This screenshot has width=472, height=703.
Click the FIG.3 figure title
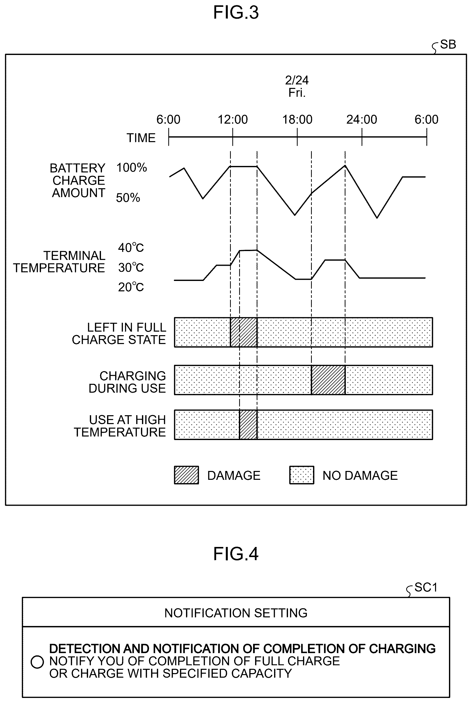tap(236, 13)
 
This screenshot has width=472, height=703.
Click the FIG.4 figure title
tap(236, 554)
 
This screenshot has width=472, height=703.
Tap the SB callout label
tap(448, 45)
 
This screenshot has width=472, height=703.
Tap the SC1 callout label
tap(426, 587)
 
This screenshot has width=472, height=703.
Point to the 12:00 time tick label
tap(233, 120)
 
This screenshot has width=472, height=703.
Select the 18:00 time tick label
tap(297, 120)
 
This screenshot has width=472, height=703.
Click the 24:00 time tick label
tap(361, 120)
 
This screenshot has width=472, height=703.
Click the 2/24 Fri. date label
tap(297, 86)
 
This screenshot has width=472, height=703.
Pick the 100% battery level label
tap(132, 167)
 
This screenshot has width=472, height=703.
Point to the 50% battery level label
tap(128, 198)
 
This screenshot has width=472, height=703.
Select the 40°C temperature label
tap(131, 248)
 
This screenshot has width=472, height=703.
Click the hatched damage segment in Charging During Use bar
tap(328, 380)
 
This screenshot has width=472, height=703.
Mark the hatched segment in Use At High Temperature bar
tap(248, 425)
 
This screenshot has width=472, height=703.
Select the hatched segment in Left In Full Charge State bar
tap(244, 332)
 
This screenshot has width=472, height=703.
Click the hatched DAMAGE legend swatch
tap(186, 475)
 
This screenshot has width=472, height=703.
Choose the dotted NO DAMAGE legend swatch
tap(302, 475)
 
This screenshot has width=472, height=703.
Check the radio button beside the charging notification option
tap(37, 662)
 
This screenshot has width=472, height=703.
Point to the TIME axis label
tap(141, 138)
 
